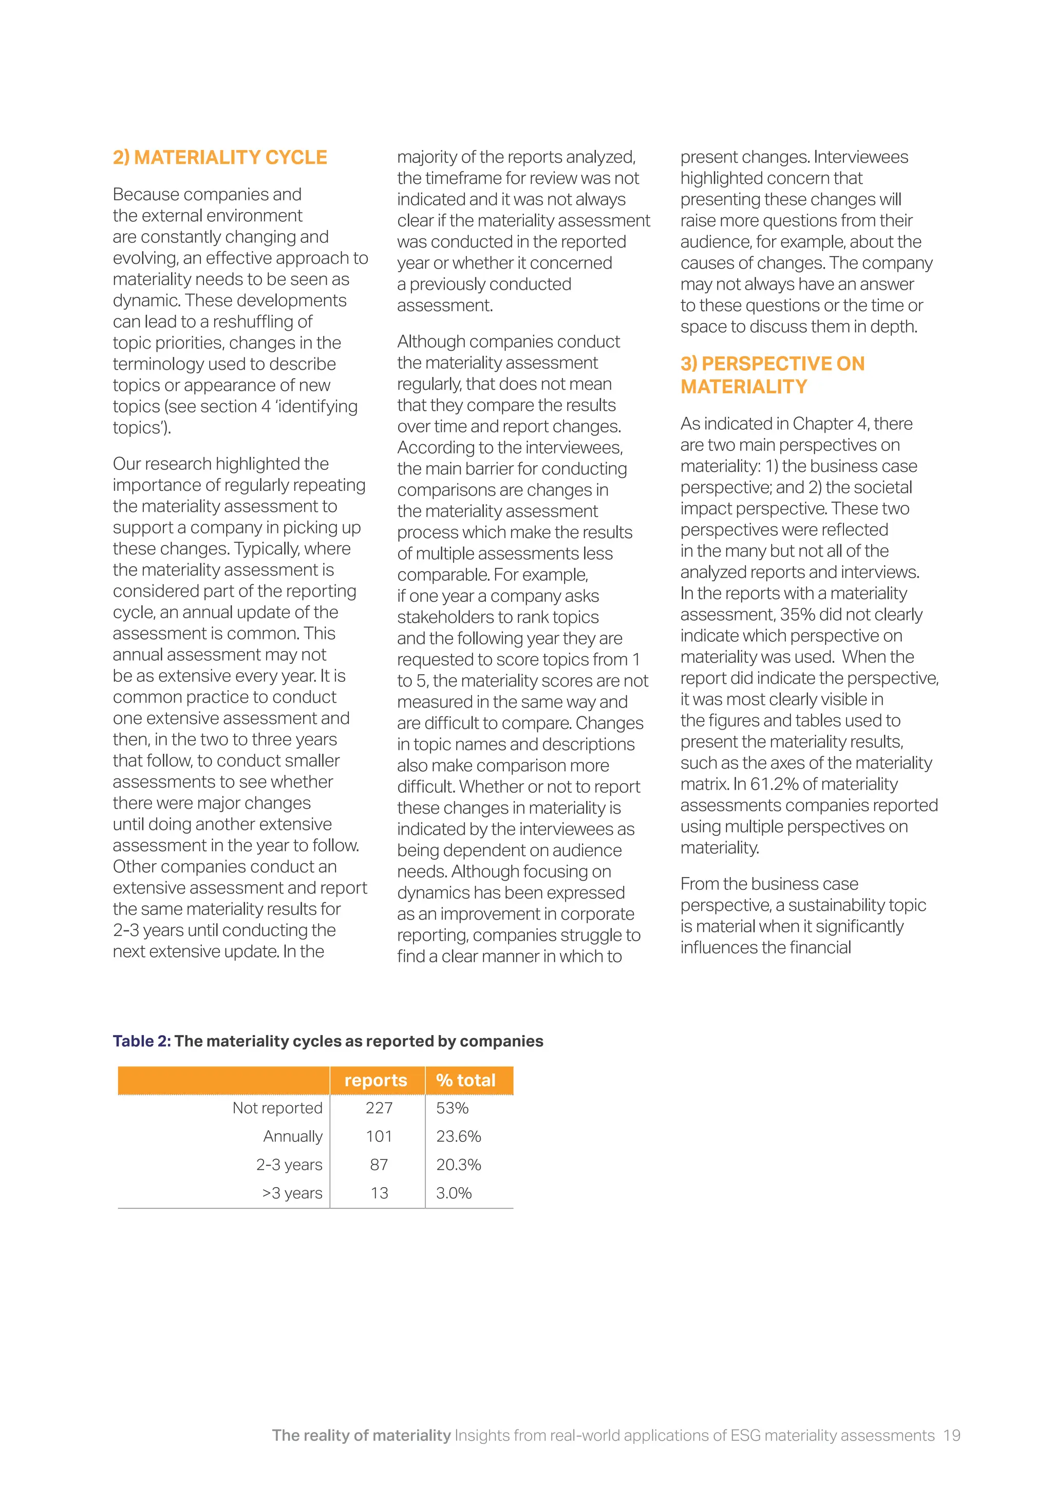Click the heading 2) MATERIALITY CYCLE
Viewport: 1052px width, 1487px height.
tap(220, 158)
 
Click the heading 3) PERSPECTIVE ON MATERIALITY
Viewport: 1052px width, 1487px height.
tap(772, 375)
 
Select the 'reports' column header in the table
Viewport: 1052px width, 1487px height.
tap(375, 1080)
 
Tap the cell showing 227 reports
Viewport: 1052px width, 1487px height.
tap(379, 1108)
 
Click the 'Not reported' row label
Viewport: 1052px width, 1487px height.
tap(277, 1108)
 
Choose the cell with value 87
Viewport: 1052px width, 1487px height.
tap(379, 1165)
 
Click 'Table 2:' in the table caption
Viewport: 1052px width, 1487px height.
tap(141, 1041)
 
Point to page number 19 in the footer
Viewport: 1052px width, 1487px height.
tap(951, 1435)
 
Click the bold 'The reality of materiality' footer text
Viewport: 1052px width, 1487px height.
tap(361, 1435)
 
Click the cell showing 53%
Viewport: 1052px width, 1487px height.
tap(452, 1108)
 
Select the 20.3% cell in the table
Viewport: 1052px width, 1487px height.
tap(458, 1165)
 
